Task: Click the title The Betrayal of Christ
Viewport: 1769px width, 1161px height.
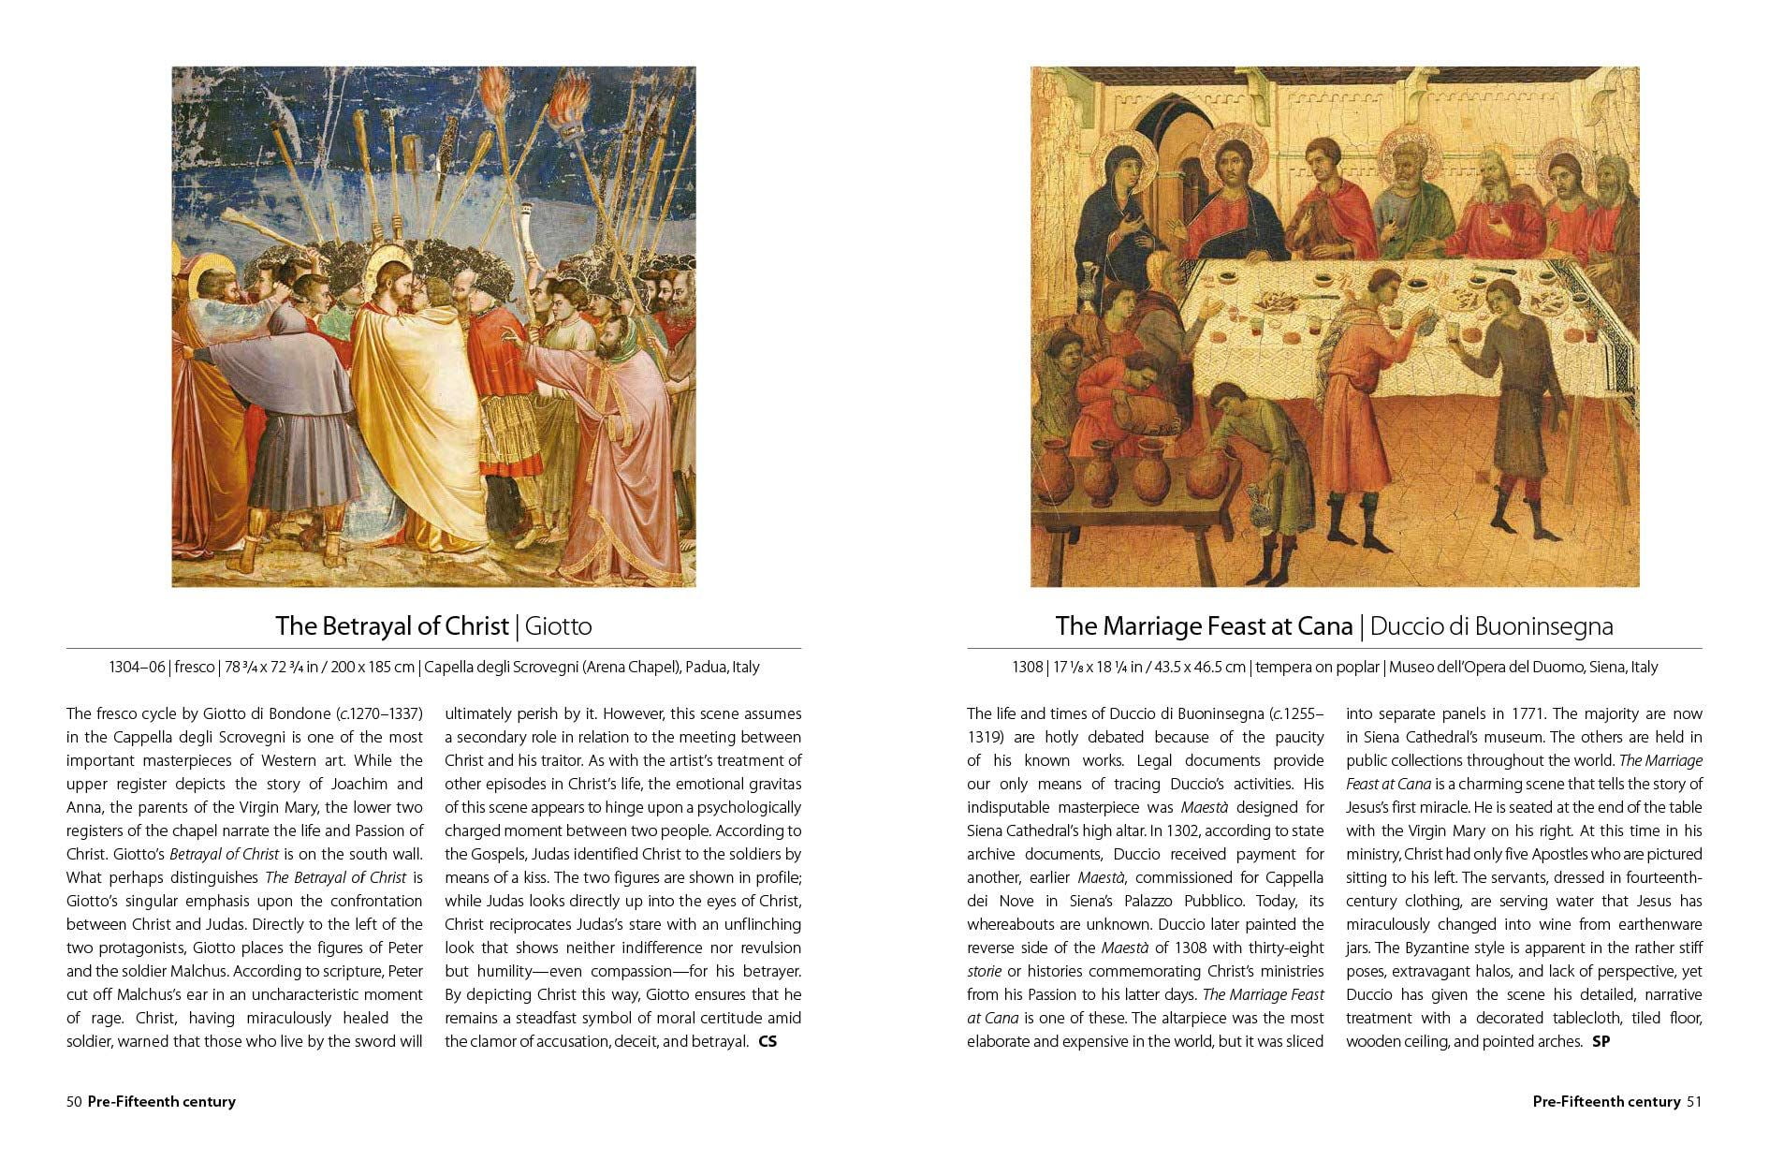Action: point(391,625)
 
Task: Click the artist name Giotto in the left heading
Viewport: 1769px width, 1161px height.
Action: point(558,625)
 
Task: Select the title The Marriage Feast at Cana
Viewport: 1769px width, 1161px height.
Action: point(1204,625)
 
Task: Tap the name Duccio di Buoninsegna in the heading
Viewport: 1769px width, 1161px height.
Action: point(1491,625)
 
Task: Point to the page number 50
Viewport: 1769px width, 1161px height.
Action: point(74,1101)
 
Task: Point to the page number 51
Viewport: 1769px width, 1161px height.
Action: point(1693,1101)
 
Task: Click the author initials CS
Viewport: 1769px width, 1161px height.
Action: point(767,1041)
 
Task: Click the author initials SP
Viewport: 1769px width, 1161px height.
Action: point(1601,1041)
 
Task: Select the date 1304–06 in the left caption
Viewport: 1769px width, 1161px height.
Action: point(136,668)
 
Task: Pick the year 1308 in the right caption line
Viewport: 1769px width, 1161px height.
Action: point(1027,668)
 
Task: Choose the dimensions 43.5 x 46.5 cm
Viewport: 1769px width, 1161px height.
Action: point(1201,668)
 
